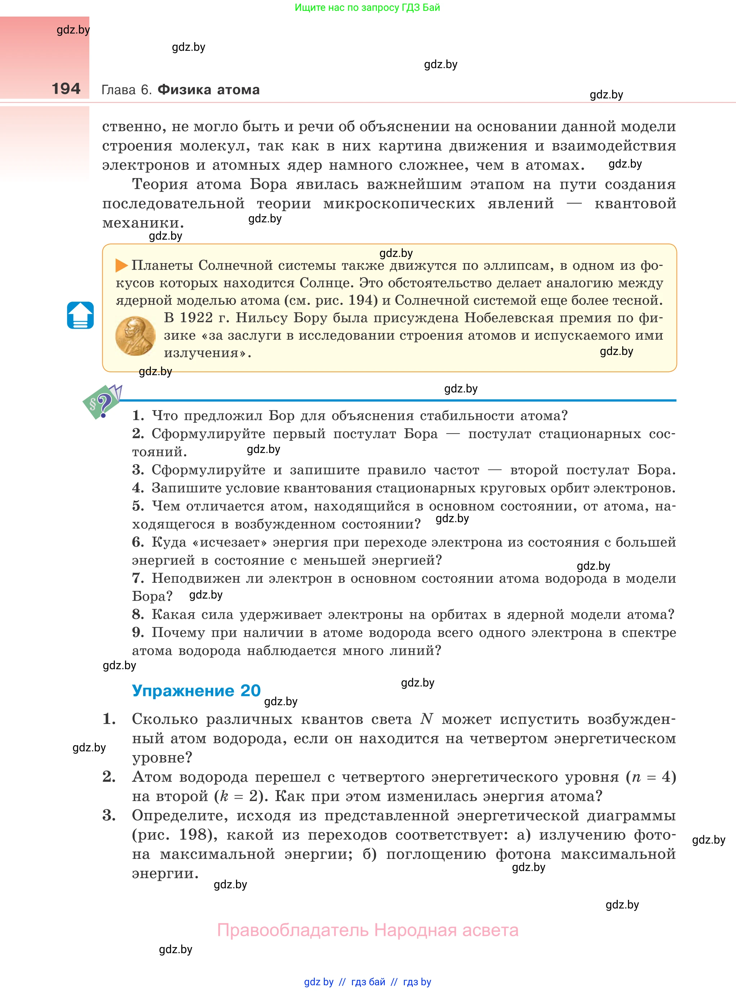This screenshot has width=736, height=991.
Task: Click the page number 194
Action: [x=66, y=89]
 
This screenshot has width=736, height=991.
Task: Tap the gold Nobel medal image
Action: [x=135, y=336]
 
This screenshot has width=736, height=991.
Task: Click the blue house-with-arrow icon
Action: [x=80, y=315]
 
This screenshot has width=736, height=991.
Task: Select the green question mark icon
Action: [x=102, y=403]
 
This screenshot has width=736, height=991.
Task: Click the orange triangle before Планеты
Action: [x=121, y=266]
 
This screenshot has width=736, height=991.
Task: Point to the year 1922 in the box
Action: [x=196, y=318]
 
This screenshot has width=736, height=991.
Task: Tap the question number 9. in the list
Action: [x=138, y=632]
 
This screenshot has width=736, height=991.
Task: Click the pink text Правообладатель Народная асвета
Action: [x=367, y=930]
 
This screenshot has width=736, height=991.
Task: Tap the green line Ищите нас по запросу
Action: [x=367, y=8]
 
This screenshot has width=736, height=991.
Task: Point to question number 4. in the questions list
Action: [x=138, y=488]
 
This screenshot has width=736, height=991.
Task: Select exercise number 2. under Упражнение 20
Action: [x=109, y=776]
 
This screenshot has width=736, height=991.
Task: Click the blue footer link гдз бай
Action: [x=368, y=982]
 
